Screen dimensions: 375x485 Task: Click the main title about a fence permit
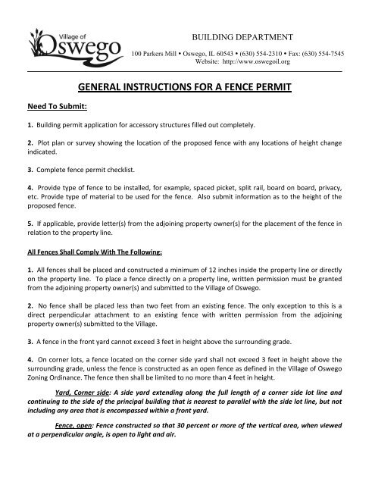[187, 89]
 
